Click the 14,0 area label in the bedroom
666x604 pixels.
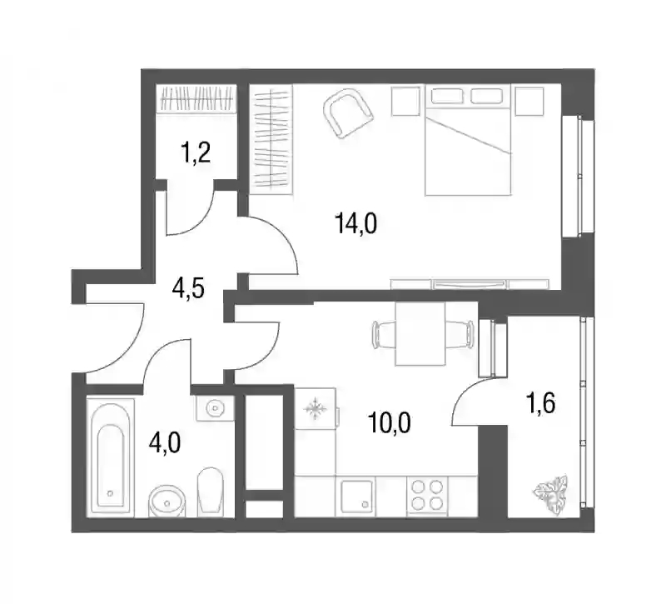[x=356, y=223]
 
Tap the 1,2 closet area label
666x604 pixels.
[x=196, y=153]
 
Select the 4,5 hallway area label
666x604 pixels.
[x=188, y=289]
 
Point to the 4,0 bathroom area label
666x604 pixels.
[x=165, y=443]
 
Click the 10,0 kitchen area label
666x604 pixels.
[x=390, y=423]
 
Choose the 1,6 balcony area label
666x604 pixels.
[x=540, y=403]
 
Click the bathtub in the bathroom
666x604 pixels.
[x=110, y=457]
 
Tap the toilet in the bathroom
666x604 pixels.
[x=211, y=491]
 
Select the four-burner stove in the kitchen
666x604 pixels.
[x=426, y=496]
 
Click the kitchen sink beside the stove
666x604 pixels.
[x=358, y=496]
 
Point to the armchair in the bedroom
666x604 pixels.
[x=348, y=113]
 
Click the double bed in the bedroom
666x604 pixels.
[x=468, y=140]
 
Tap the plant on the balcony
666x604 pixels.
[x=551, y=496]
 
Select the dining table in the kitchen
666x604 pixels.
[x=420, y=334]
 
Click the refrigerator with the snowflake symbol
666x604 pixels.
[x=316, y=409]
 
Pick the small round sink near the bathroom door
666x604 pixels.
[x=216, y=408]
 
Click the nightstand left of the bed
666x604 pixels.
[x=405, y=101]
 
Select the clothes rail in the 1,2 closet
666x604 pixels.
[x=196, y=98]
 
